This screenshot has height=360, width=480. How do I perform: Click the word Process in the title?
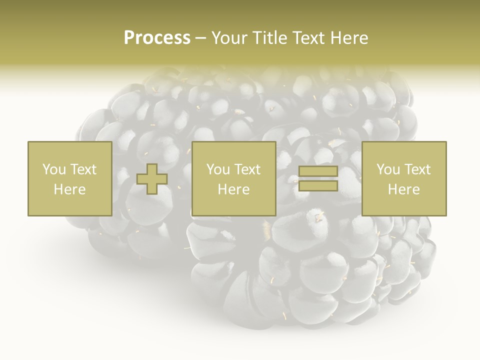click(157, 38)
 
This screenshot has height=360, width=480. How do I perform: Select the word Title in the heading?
click(270, 38)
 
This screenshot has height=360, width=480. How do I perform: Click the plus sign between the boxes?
click(152, 179)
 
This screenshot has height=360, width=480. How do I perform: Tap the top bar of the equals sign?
click(318, 171)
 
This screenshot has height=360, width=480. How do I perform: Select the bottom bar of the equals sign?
click(318, 186)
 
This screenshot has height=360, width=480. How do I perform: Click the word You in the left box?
click(54, 169)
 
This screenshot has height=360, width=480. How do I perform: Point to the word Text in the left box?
click(83, 169)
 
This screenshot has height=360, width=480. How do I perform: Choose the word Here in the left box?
click(69, 189)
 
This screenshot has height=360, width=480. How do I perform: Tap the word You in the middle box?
click(218, 169)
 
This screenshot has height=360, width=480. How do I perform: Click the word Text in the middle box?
click(247, 169)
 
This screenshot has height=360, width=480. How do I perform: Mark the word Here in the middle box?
click(234, 189)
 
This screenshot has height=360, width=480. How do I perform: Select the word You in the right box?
click(388, 169)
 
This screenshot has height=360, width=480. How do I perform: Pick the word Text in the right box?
click(417, 169)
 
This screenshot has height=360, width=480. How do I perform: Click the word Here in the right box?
click(404, 189)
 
